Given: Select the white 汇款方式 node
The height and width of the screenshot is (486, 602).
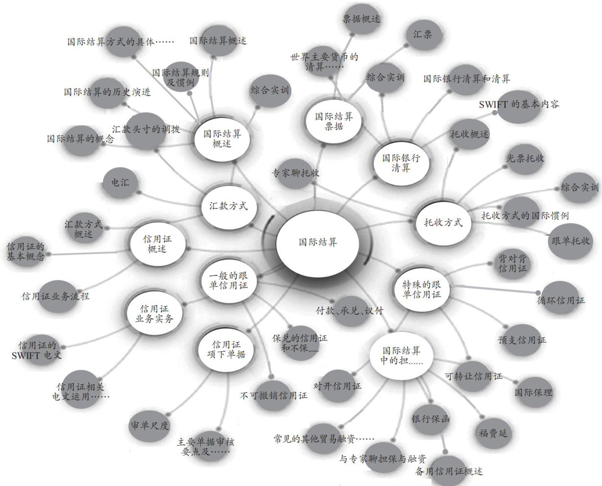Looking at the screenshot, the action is click(x=225, y=206).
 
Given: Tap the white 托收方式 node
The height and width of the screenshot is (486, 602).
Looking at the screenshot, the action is click(x=442, y=223).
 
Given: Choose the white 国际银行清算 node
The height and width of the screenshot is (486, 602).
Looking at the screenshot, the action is click(x=401, y=162).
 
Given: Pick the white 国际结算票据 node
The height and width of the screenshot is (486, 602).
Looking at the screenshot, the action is click(x=333, y=121).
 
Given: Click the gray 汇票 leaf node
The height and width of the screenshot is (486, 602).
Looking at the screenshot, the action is click(x=422, y=35).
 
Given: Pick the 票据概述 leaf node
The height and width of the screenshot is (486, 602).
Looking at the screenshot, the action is click(x=361, y=20).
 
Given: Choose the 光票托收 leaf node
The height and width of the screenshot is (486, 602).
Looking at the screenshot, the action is click(x=525, y=159).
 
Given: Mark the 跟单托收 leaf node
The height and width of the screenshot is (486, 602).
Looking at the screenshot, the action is click(x=570, y=241).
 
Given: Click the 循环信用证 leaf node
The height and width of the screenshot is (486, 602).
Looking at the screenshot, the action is click(x=560, y=300).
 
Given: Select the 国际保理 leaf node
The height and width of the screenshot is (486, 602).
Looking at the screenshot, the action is click(x=533, y=392).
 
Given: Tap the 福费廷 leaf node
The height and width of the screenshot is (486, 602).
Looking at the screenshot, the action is click(x=493, y=433).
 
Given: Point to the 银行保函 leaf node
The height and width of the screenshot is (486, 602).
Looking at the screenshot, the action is click(x=431, y=419).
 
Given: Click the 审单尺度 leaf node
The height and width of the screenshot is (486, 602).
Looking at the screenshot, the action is click(x=149, y=425).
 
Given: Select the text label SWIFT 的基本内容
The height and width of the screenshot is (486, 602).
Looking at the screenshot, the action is click(x=518, y=104).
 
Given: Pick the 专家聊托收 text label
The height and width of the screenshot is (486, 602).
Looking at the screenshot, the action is click(x=295, y=173).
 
